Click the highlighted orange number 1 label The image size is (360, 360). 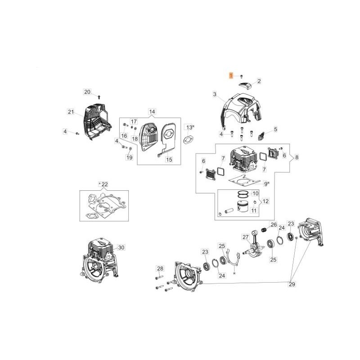tap(231, 76)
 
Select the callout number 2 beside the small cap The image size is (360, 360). tap(259, 81)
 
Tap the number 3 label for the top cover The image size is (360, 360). tap(215, 94)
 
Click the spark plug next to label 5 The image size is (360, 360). tap(261, 133)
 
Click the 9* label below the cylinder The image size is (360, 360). tap(266, 184)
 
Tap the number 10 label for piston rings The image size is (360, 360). tap(255, 193)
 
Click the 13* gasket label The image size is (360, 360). tap(189, 128)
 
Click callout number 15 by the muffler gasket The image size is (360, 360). tap(169, 159)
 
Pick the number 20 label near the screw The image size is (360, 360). tap(87, 92)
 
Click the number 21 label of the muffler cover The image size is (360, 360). tap(70, 112)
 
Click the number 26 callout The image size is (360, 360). tap(273, 224)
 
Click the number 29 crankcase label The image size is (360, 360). tap(292, 284)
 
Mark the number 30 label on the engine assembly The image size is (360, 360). tap(121, 247)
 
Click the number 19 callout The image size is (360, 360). tap(129, 157)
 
